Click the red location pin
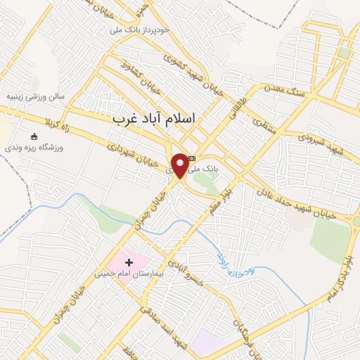(x=181, y=164)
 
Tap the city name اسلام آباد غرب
(x=154, y=120)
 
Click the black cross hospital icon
(x=129, y=262)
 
